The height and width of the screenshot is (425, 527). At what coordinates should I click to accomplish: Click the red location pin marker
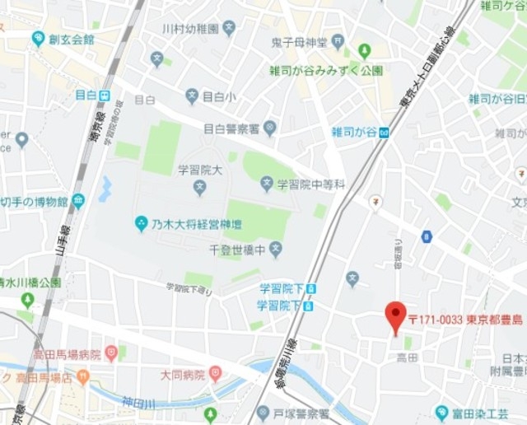(x=396, y=315)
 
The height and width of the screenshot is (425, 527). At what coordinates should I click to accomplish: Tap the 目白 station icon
(x=105, y=95)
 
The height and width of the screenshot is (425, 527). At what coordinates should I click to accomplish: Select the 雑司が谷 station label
(x=354, y=131)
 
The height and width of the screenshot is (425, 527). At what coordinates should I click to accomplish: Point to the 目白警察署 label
(x=231, y=128)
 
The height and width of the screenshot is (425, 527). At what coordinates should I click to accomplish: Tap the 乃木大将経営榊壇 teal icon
(x=141, y=223)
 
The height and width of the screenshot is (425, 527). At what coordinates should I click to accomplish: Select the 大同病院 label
(x=181, y=375)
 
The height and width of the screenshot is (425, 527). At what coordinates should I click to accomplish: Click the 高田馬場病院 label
(x=67, y=355)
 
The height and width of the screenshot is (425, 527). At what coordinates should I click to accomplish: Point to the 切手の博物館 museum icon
(x=78, y=200)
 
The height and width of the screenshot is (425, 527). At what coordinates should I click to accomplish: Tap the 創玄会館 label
(x=72, y=39)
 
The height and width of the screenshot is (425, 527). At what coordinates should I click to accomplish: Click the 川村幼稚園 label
(x=190, y=29)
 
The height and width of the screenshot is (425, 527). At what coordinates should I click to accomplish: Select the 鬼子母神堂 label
(x=299, y=42)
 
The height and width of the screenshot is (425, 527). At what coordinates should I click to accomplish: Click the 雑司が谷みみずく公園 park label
(x=325, y=71)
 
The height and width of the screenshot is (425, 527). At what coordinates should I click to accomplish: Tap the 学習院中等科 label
(x=310, y=184)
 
